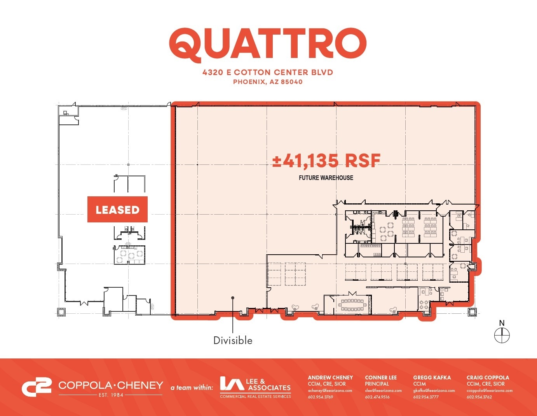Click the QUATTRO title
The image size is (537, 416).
click(x=268, y=45)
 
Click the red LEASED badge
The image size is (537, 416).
click(x=117, y=210)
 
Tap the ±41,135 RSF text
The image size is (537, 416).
click(x=326, y=161)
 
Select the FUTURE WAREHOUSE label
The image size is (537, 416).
click(x=326, y=178)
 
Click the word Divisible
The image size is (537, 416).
click(x=233, y=341)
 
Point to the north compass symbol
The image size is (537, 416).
click(x=502, y=336)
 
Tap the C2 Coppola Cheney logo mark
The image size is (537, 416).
click(x=36, y=386)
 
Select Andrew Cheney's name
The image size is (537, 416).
click(x=330, y=378)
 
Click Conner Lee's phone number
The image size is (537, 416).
click(x=377, y=397)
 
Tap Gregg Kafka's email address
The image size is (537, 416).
click(x=434, y=390)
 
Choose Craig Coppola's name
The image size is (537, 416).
click(x=488, y=378)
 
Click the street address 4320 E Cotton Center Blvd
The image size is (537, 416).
click(x=268, y=72)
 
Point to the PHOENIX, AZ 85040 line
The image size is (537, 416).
click(x=268, y=82)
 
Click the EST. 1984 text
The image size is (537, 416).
click(x=111, y=395)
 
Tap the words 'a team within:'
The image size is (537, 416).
click(x=192, y=387)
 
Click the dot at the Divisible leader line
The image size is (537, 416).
click(x=233, y=298)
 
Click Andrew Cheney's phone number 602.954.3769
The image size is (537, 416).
click(x=320, y=397)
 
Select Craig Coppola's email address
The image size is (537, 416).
click(x=490, y=390)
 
